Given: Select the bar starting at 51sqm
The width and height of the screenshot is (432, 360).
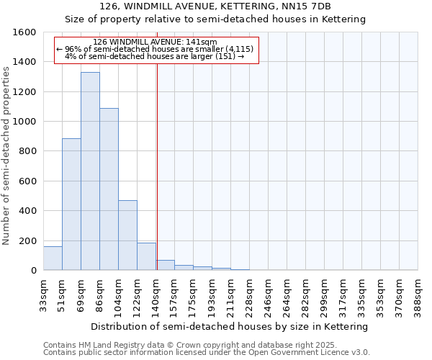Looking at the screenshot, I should tap(71, 204).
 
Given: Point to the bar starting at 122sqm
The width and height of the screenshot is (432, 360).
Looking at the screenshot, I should tap(146, 256).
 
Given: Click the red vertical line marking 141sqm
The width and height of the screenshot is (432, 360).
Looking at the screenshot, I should tap(157, 166).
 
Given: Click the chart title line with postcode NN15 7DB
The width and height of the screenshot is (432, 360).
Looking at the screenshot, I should tap(215, 6).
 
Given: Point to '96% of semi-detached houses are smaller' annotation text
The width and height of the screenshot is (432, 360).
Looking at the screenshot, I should tap(155, 49).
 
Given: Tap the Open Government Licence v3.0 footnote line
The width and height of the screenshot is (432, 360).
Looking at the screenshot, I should tap(206, 353).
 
